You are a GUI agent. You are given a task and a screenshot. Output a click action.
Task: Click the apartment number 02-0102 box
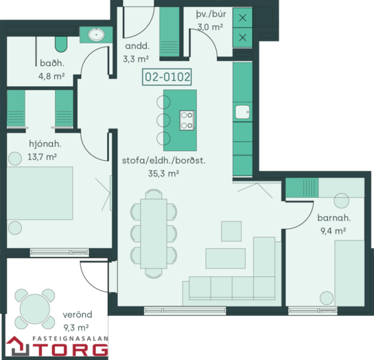coord(167,77)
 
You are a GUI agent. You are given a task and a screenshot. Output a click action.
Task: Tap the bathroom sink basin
coord(96,34)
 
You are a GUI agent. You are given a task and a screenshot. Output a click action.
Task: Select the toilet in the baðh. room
coord(61,44)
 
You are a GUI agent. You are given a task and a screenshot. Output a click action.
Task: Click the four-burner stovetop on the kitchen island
coord(187,120)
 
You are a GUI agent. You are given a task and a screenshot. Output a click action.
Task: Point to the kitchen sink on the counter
coord(242,112)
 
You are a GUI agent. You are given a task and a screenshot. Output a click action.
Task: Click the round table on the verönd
coord(35,309)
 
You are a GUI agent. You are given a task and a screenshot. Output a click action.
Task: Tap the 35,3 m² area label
coord(163,173)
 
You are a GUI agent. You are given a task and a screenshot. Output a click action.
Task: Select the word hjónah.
coord(45,144)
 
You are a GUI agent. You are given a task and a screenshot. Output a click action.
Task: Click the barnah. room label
coord(334,218)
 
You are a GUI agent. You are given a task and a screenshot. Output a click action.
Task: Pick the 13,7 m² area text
coord(43,157)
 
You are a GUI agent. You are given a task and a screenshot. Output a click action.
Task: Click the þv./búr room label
coord(211,14)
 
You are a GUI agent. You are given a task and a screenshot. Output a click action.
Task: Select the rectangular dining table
coord(154,234)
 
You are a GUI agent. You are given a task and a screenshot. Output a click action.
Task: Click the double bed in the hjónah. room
coord(40,193)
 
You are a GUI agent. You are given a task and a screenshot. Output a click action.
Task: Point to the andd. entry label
coord(137,46)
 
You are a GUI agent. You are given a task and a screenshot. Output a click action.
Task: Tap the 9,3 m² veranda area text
coord(76,328)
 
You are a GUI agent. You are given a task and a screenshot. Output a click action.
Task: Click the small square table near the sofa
coord(231,232)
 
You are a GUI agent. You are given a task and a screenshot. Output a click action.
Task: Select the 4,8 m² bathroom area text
coord(51,76)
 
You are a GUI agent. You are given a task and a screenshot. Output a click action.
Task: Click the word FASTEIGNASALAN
coord(70,339)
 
